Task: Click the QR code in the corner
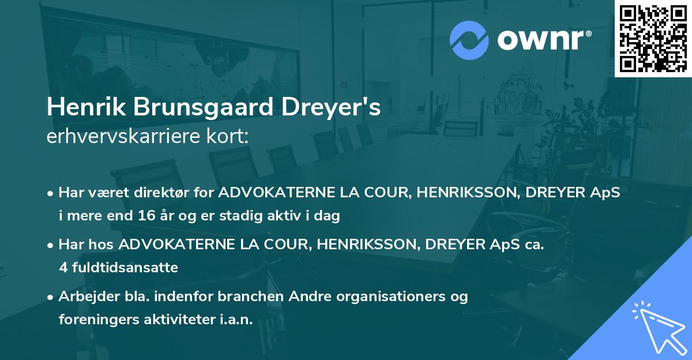(x=653, y=39)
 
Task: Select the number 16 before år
(x=146, y=216)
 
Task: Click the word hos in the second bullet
(x=102, y=245)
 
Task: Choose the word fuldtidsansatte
(x=124, y=268)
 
